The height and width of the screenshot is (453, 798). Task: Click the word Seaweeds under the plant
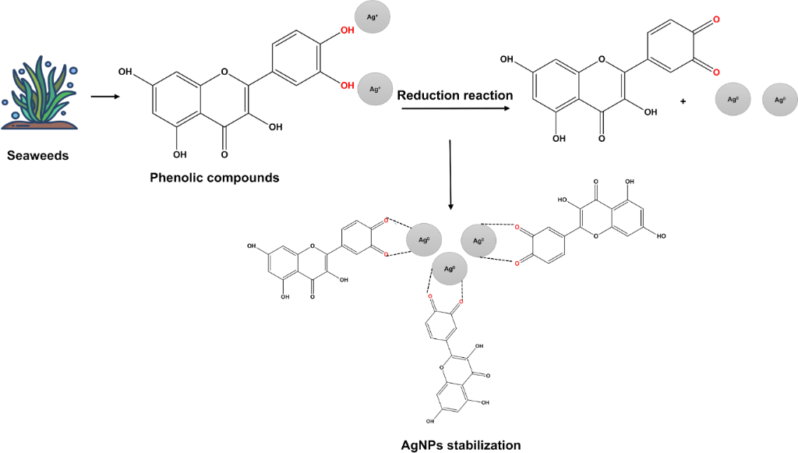click(38, 156)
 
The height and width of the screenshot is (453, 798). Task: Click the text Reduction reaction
click(455, 95)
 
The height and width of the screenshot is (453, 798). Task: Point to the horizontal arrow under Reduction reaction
click(456, 111)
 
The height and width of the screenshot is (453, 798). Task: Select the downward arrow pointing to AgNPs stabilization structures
click(451, 175)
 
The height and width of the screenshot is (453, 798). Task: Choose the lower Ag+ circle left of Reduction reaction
click(375, 90)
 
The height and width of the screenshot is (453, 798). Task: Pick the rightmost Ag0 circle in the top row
click(779, 100)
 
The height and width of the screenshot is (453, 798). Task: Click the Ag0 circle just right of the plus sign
click(732, 100)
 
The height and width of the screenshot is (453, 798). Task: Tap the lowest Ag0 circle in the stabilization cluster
click(449, 269)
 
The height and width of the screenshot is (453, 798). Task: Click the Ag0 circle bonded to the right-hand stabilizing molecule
click(478, 240)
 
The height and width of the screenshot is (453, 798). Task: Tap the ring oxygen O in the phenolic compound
click(225, 73)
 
